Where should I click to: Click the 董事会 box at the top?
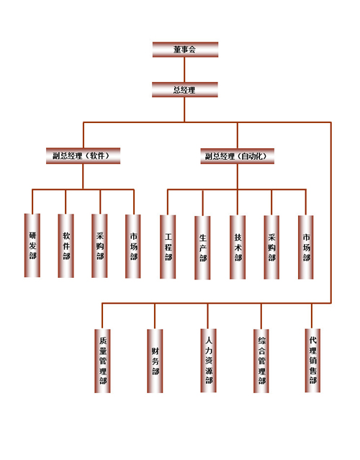pos(185,49)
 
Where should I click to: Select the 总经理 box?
pos(185,89)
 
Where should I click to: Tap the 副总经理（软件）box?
pos(83,155)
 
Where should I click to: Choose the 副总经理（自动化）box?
pos(238,156)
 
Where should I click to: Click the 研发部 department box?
pos(32,245)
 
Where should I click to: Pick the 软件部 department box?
pos(66,246)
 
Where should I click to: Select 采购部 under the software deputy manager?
pos(99,246)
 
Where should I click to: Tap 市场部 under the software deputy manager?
pos(133,246)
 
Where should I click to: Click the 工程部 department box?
pos(168,247)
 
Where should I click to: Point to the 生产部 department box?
pos(202,248)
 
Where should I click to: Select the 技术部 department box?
pos(238,248)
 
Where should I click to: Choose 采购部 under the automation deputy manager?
pos(271,248)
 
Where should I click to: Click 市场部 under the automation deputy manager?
pos(306,248)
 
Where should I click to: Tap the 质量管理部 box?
pos(102,361)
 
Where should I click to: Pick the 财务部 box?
pos(155,361)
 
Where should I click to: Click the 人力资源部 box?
pos(208,361)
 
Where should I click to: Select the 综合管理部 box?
pos(261,361)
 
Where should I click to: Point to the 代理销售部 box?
pos(312,360)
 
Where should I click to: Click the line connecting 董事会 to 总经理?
pos(184,70)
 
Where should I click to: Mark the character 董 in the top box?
pos(177,49)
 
